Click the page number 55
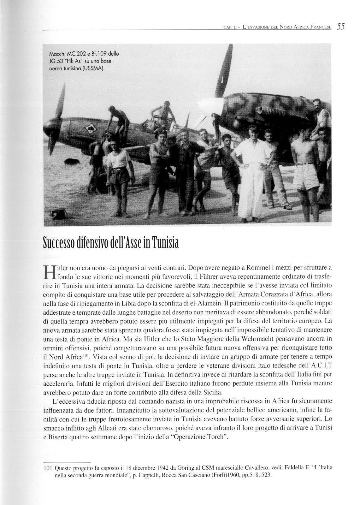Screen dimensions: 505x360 (341, 27)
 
